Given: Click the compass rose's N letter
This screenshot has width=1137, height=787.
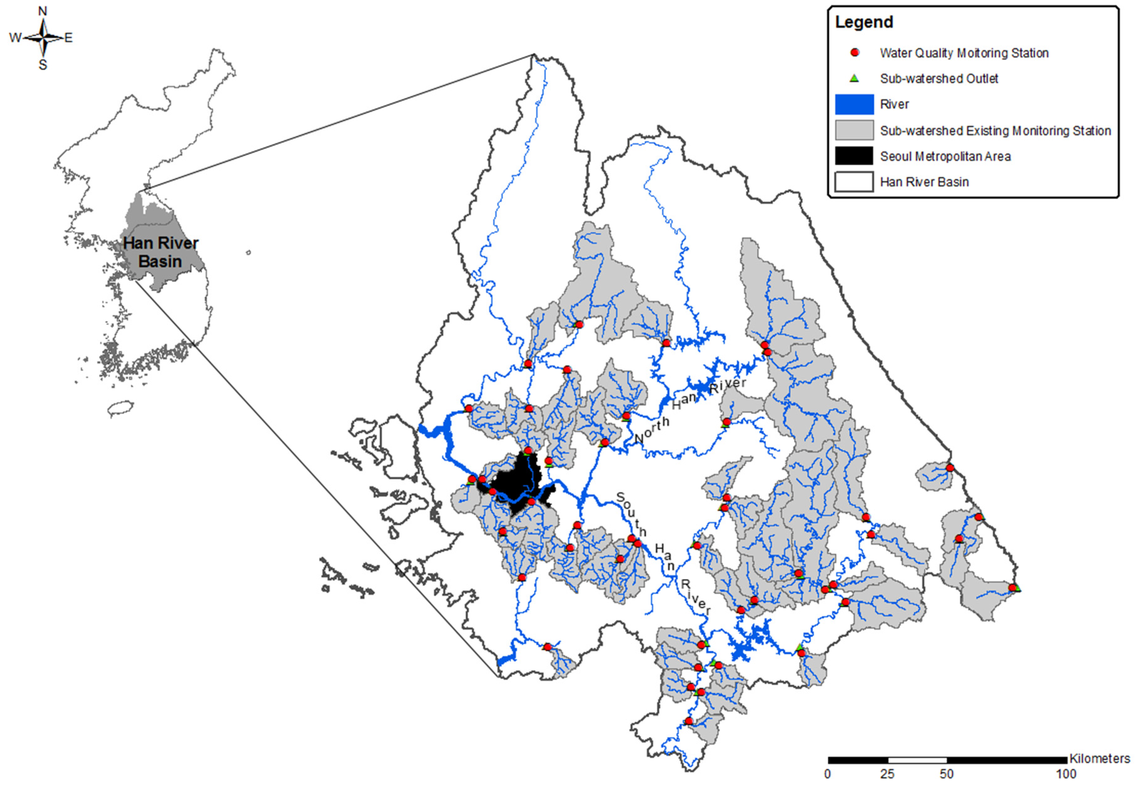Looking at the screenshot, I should [x=43, y=11].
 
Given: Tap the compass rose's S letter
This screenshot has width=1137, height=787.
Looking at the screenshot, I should [x=43, y=65].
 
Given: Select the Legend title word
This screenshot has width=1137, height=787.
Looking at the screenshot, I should [x=864, y=22].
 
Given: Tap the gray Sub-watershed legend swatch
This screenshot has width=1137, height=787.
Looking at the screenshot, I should [x=854, y=131].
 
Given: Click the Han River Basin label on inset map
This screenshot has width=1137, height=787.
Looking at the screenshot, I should [x=161, y=252].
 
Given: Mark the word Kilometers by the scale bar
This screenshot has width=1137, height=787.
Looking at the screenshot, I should [x=1100, y=758].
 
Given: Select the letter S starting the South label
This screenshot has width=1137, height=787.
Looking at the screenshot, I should [x=620, y=497].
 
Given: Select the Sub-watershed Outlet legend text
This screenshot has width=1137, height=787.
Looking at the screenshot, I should [x=939, y=79].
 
